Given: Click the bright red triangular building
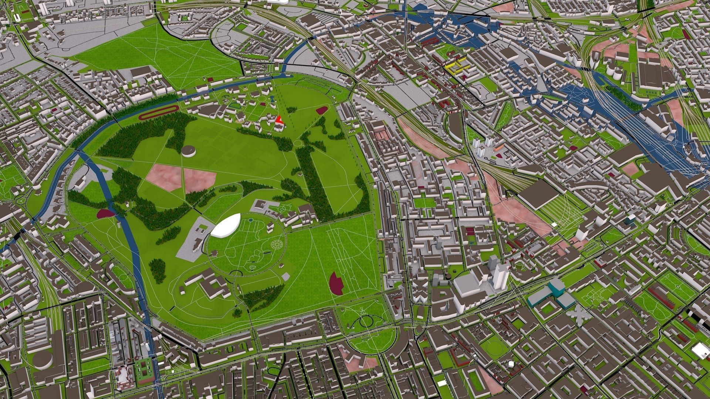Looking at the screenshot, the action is (279, 119).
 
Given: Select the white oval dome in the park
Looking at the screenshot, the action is (226, 226).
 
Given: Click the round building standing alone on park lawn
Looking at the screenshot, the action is (189, 151).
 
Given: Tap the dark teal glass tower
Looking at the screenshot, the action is (629, 220).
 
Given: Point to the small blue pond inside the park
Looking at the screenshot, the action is (272, 99).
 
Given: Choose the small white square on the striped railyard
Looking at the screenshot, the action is (554, 224).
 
